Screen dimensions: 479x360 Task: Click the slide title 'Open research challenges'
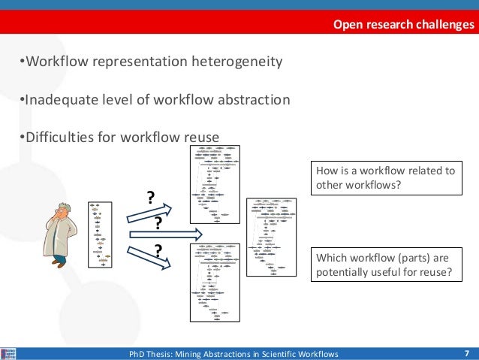(x=404, y=26)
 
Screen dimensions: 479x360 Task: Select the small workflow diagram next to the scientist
(x=99, y=234)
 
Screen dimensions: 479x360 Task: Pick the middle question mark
(x=158, y=223)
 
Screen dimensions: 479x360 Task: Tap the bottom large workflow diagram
(x=215, y=283)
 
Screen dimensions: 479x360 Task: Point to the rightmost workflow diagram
(x=272, y=233)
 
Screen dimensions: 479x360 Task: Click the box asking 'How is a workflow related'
(x=386, y=177)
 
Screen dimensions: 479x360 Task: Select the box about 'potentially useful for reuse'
(x=386, y=266)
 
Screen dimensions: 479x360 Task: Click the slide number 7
(x=466, y=353)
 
